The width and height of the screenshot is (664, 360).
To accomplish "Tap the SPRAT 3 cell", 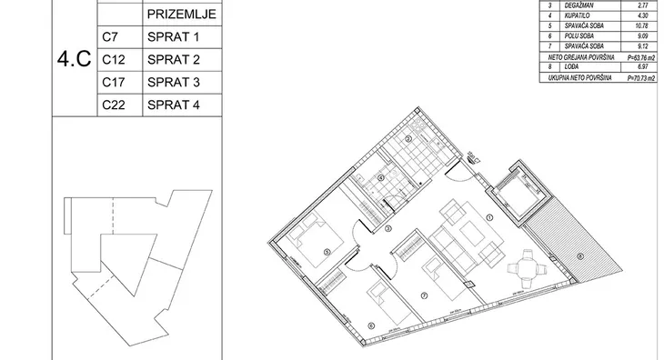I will click(x=173, y=84).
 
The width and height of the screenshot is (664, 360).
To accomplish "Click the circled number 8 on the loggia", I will click(x=579, y=255).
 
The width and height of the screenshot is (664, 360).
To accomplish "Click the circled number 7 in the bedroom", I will click(x=424, y=297).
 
